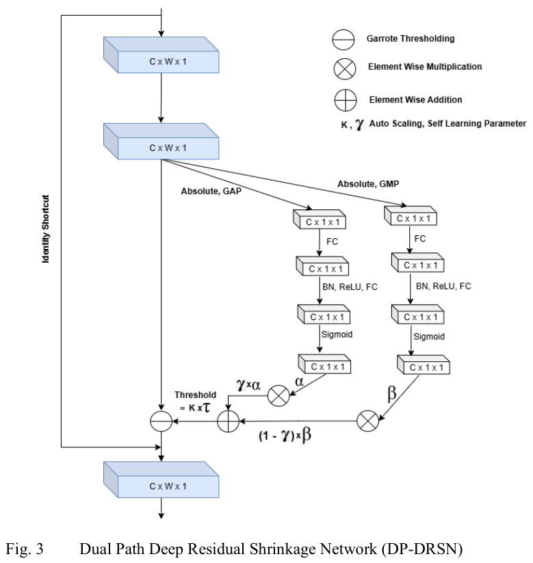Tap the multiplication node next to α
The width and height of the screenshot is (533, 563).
278,395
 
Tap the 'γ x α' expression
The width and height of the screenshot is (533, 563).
248,385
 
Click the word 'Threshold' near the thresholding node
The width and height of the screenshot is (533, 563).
195,395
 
